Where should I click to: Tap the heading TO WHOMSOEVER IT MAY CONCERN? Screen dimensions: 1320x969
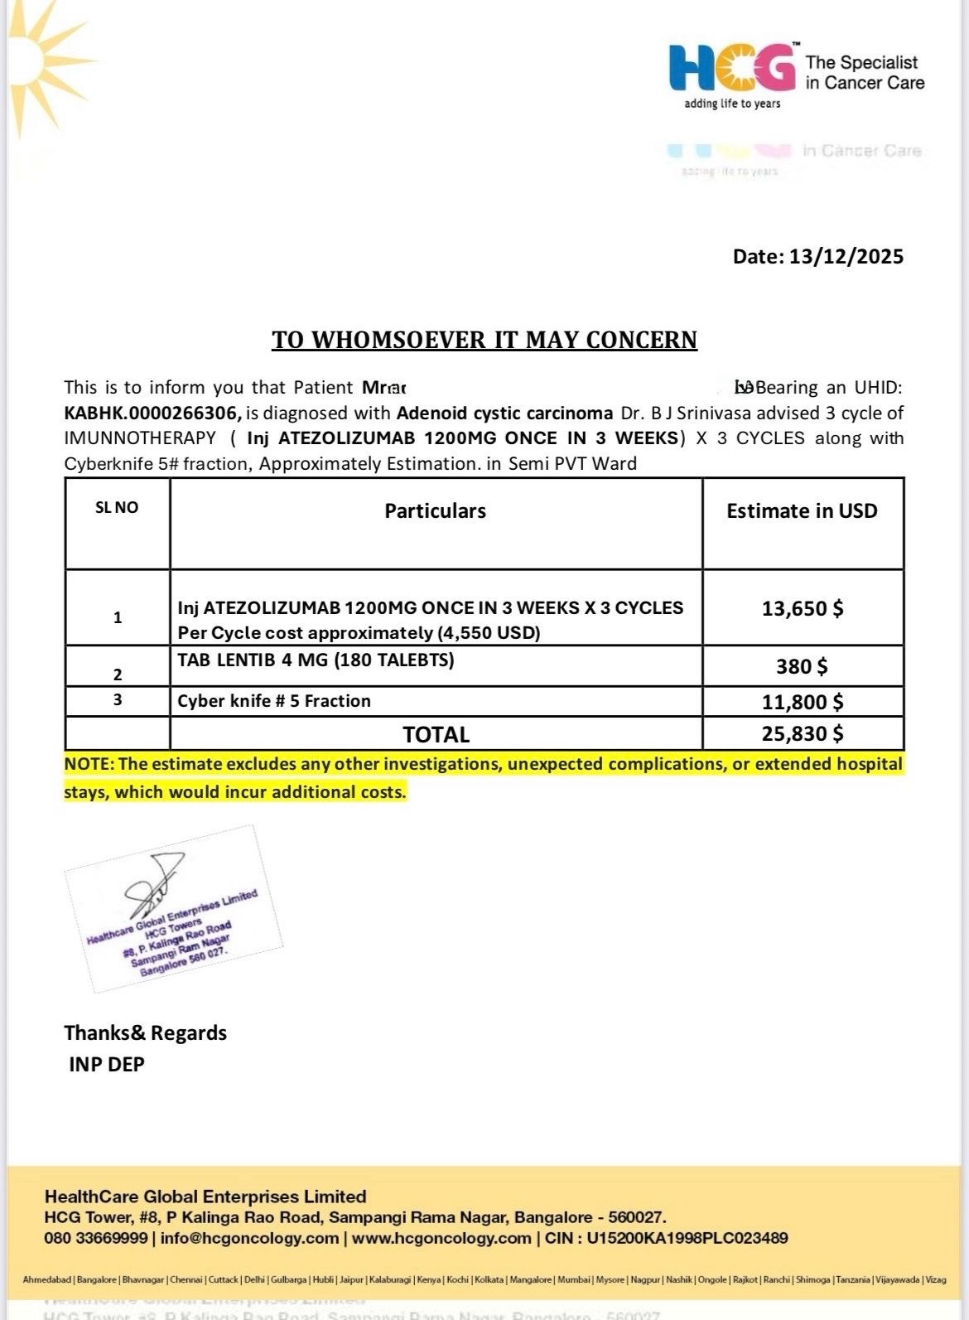pos(485,340)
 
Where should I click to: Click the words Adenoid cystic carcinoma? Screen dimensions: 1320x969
pos(504,413)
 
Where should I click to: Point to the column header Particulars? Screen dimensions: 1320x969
pos(435,510)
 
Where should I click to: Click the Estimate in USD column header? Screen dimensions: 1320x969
pos(802,510)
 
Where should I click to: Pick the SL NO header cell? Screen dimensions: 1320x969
pos(117,508)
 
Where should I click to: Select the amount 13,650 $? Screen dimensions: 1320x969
pos(802,609)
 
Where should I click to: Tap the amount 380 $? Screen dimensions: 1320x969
pos(802,666)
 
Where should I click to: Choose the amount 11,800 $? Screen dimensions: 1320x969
pos(802,703)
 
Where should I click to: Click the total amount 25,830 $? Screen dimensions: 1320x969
pos(802,733)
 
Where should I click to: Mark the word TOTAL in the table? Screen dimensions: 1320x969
pos(436,735)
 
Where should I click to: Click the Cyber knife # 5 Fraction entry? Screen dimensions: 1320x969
pos(274,701)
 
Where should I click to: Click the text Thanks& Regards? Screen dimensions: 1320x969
pos(145,1033)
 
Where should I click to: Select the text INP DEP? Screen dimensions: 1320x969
pos(107,1064)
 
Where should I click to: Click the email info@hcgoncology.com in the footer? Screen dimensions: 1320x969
pos(249,1238)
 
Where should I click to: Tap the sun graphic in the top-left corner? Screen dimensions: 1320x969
pos(33,58)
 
